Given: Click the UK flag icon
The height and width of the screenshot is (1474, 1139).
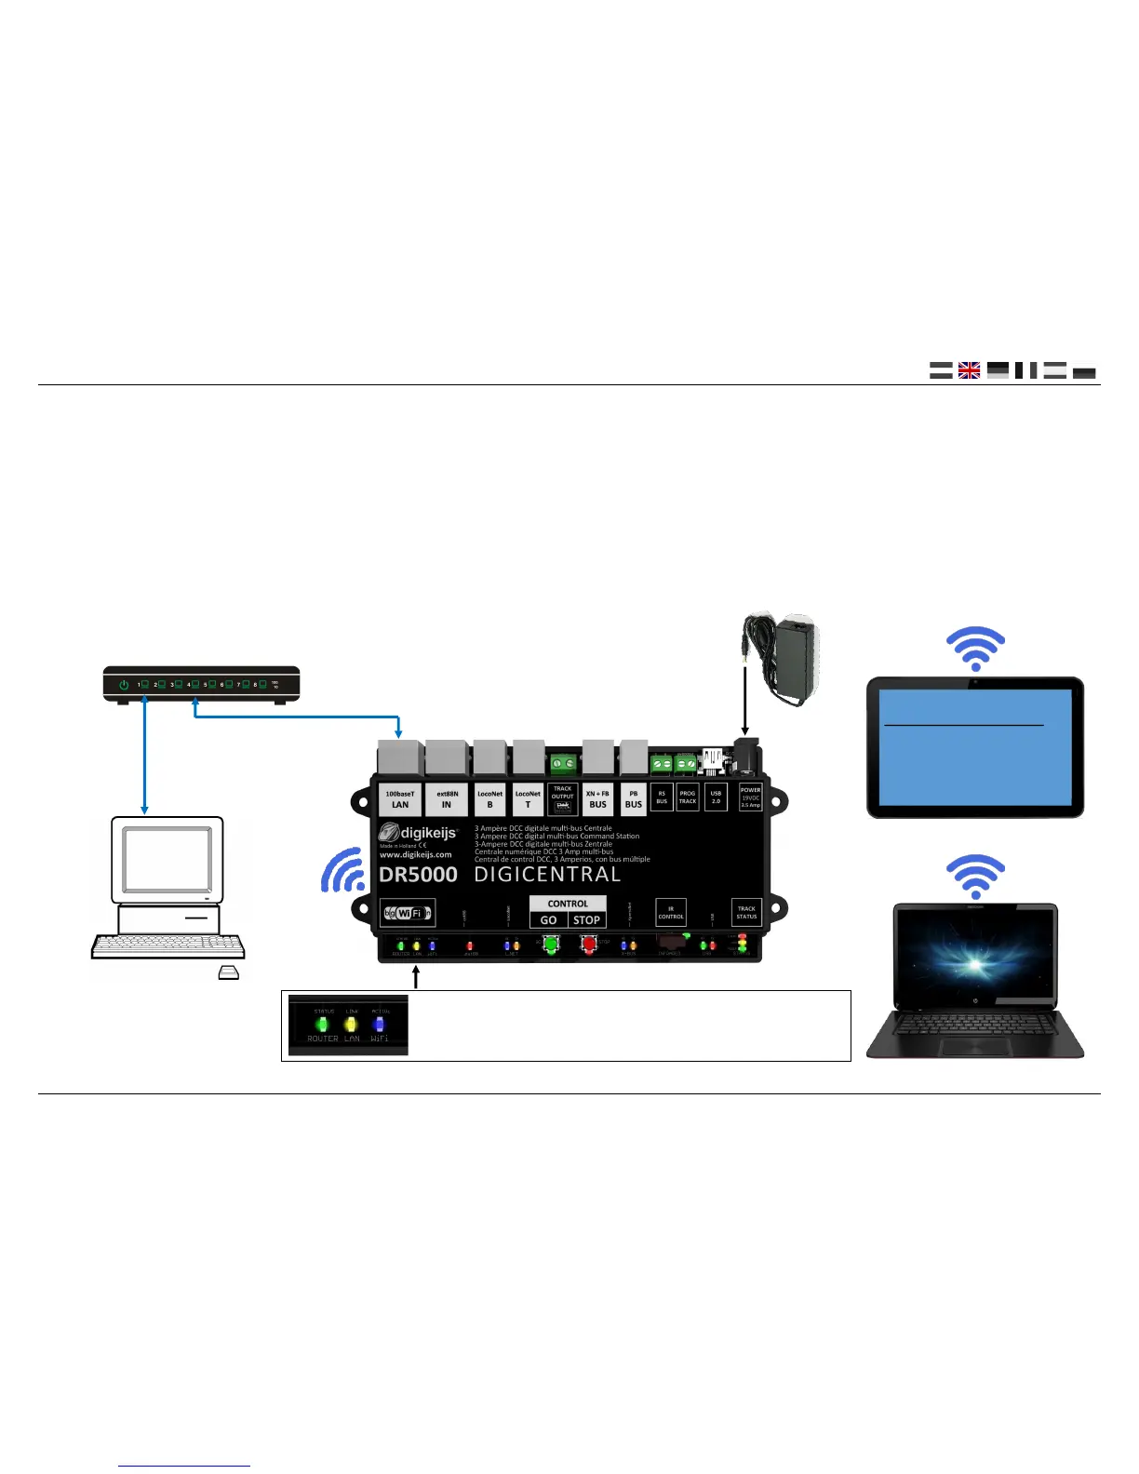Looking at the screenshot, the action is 969,370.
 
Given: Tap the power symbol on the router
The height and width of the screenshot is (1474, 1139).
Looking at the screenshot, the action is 124,684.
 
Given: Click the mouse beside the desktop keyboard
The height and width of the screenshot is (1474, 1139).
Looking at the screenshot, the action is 228,973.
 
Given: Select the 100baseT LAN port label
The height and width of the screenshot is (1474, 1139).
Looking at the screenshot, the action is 400,799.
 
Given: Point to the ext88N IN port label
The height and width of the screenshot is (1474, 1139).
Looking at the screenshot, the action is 447,799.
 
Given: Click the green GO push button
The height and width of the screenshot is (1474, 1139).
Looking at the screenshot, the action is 550,945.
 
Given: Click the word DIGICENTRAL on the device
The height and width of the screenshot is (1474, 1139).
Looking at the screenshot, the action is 547,875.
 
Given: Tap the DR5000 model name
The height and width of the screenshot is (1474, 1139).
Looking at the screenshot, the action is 418,875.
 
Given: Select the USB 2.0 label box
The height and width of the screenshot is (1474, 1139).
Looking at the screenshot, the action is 716,797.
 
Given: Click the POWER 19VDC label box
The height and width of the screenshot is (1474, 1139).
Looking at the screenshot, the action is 750,797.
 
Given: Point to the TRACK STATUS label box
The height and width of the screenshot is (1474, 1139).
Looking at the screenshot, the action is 746,913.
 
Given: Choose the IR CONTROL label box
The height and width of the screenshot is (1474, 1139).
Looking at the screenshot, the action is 671,913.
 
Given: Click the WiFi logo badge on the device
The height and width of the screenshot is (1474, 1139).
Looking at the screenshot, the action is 408,913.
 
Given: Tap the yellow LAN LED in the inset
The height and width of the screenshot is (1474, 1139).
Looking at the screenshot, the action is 351,1025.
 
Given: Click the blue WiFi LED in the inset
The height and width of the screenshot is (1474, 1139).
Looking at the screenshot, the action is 379,1025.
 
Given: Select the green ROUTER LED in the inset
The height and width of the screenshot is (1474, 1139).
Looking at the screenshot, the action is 323,1025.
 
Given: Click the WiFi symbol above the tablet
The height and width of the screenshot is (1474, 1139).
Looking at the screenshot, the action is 975,649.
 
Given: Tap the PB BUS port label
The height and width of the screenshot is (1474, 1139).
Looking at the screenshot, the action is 633,799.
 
